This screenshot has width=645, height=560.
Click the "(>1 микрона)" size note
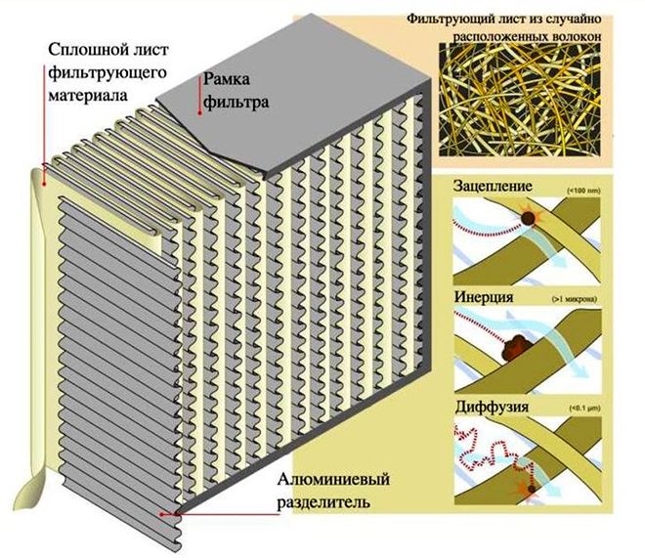pyautogui.click(x=583, y=296)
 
